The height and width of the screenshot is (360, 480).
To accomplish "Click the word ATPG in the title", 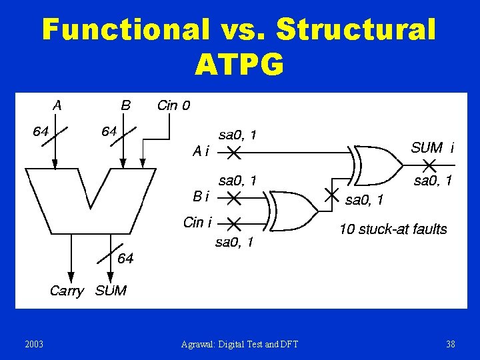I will (239, 64).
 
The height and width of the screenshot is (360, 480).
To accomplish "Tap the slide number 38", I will (451, 344).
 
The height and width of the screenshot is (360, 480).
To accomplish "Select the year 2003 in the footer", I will (34, 344).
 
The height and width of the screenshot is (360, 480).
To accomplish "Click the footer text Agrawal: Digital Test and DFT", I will (240, 344).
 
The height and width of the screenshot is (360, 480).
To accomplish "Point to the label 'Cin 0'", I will (173, 105).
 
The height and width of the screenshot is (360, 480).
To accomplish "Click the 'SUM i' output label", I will (433, 148).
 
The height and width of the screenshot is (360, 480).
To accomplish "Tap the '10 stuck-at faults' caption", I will (393, 230).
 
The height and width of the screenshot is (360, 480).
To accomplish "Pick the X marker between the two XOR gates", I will (331, 195).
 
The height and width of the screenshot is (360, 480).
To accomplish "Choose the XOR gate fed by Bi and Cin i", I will (294, 210).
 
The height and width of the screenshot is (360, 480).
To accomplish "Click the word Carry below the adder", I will (67, 291).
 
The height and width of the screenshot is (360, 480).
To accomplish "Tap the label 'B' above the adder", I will (125, 105).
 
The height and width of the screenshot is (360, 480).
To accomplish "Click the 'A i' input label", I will (200, 152).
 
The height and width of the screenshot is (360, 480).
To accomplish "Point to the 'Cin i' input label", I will (198, 223).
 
